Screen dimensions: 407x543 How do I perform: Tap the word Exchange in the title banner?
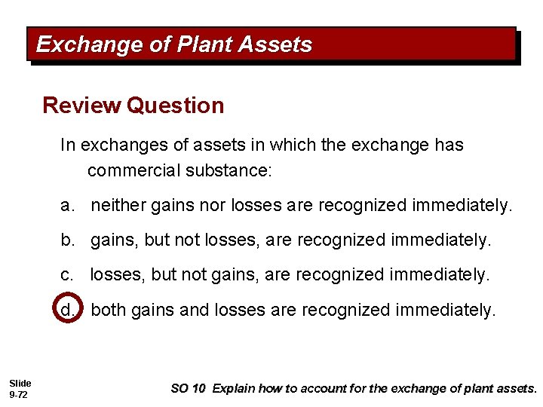[x=88, y=45]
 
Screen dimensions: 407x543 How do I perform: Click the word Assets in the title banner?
[x=275, y=45]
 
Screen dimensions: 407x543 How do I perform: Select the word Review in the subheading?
[x=81, y=106]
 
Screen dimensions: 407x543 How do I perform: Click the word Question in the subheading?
[x=176, y=106]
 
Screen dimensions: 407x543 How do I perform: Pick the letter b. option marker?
[x=69, y=240]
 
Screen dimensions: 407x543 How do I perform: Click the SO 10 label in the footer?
[x=188, y=389]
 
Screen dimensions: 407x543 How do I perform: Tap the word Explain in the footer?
[x=234, y=389]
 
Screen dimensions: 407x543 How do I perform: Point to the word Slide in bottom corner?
[x=20, y=384]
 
